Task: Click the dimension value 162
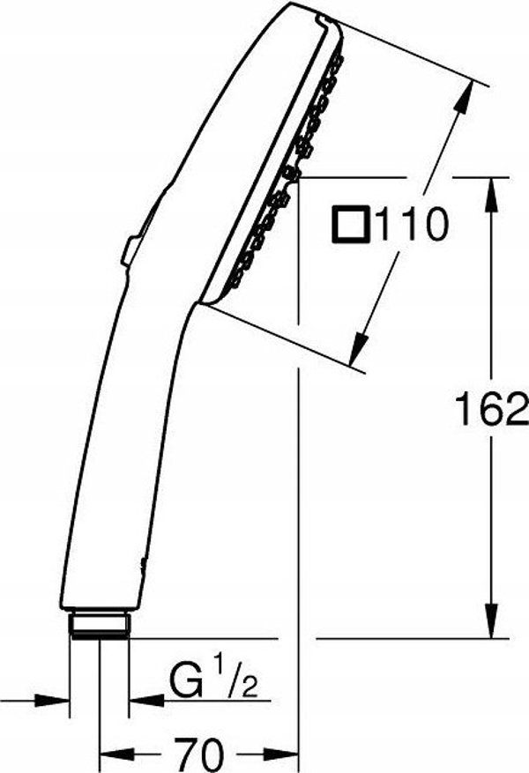click(x=490, y=409)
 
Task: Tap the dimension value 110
click(x=411, y=224)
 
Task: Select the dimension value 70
click(x=199, y=754)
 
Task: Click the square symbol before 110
click(x=351, y=224)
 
